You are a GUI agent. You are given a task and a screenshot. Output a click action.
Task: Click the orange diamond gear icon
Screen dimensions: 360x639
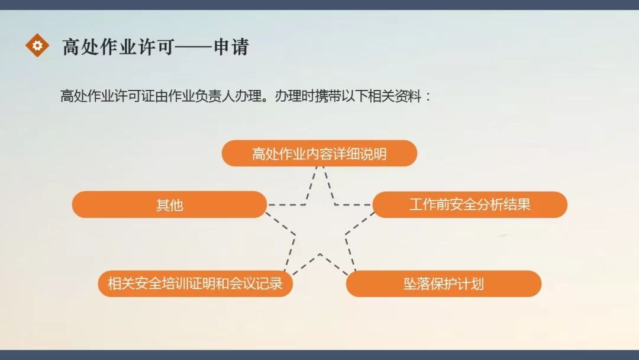tap(37, 45)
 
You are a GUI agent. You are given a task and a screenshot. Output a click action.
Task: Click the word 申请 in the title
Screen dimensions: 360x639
tap(231, 47)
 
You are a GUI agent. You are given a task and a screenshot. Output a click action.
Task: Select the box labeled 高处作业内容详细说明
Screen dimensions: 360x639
tap(319, 154)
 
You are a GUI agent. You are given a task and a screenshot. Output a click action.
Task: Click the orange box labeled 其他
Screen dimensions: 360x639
tap(169, 205)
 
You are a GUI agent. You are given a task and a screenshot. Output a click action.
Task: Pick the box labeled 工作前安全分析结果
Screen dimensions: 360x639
tap(470, 205)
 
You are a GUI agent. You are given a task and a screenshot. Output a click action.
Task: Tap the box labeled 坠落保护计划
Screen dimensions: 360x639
tap(443, 284)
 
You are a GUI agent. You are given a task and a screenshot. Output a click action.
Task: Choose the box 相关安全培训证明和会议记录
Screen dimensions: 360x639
tap(195, 284)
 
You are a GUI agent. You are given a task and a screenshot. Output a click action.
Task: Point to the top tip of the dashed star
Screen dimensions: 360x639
tap(319, 168)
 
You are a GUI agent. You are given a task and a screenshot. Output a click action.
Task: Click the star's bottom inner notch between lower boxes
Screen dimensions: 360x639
tap(320, 255)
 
